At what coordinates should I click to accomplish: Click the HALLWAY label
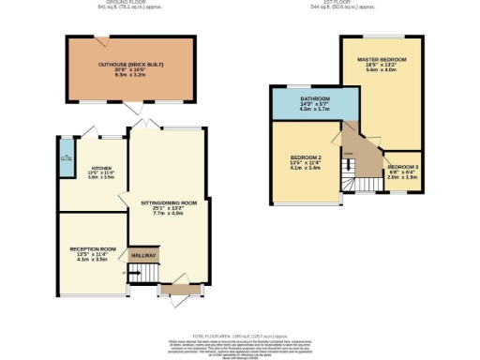pyautogui.click(x=144, y=253)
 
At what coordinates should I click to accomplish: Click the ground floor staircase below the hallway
pyautogui.click(x=140, y=273)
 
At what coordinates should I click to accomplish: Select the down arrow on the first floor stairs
pyautogui.click(x=347, y=156)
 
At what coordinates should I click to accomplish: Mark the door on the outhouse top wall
pyautogui.click(x=100, y=38)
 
